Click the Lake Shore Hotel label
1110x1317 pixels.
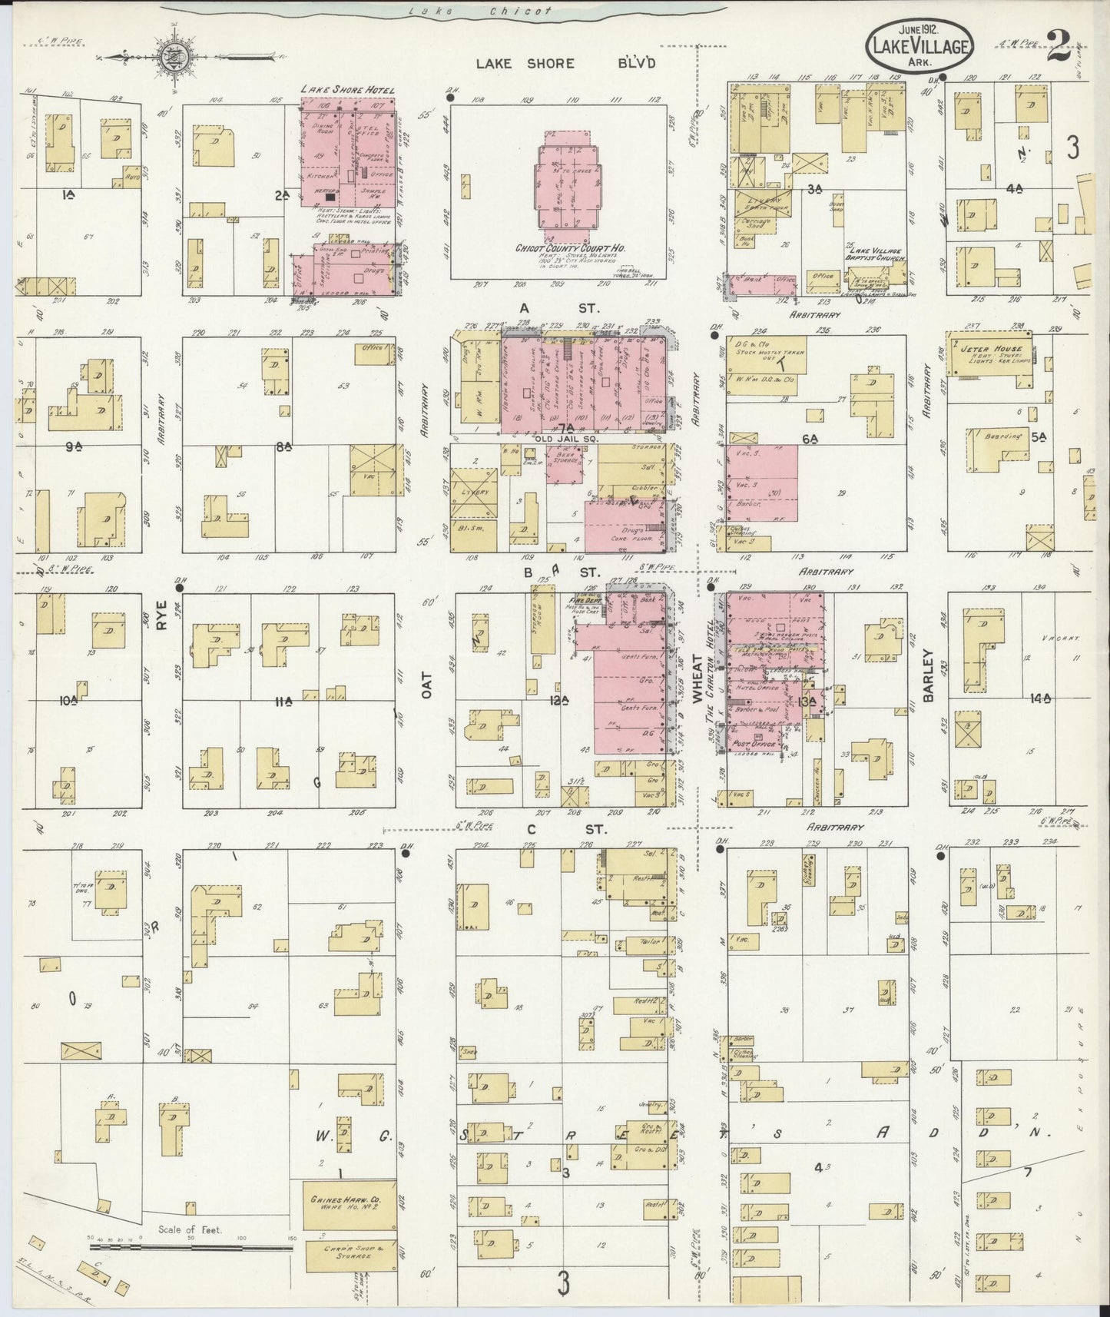point(348,91)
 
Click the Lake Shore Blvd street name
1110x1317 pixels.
point(565,64)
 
